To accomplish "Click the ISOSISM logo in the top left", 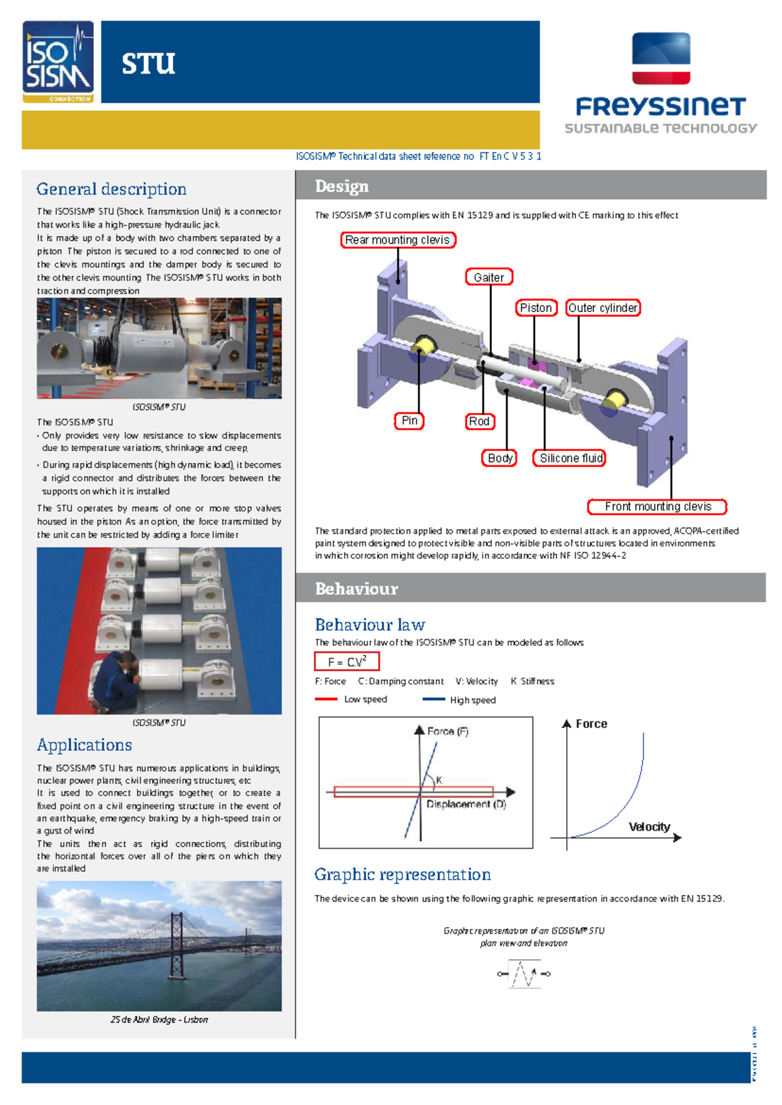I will [58, 62].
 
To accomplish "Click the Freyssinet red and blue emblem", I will [661, 59].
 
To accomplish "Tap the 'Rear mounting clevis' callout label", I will [398, 240].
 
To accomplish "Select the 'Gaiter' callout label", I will [489, 277].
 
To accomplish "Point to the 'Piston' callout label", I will [536, 308].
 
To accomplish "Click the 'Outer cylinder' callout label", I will [603, 308].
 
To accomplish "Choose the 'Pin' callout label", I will [409, 421].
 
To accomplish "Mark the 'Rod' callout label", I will [479, 422].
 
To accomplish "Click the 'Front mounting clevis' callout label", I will [657, 506].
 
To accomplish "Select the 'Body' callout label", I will [499, 458].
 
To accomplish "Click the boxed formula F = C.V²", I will [347, 662].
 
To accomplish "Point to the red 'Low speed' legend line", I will [326, 699].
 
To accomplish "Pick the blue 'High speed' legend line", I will [433, 699].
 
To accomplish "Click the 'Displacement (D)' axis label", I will [466, 805].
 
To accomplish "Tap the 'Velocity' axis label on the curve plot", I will [649, 827].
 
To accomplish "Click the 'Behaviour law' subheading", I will [369, 625].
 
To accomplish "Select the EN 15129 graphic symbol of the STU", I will [524, 974].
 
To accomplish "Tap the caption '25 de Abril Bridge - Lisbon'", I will [159, 1020].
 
